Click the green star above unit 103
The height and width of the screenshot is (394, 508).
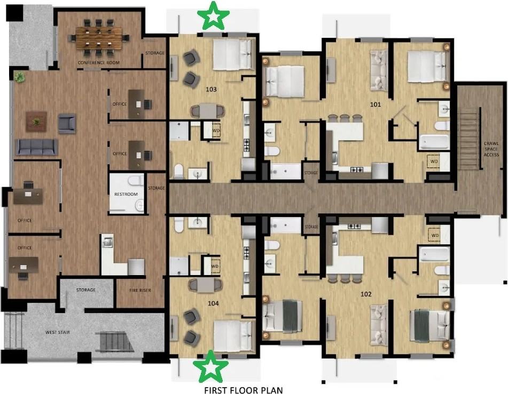(x=214, y=15)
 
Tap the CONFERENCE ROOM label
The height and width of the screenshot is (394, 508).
(x=98, y=63)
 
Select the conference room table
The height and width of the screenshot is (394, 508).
(x=99, y=38)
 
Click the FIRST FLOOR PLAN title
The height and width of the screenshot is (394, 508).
(x=243, y=390)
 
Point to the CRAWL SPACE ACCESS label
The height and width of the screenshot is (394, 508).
(x=491, y=148)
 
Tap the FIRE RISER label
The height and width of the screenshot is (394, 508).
(x=139, y=290)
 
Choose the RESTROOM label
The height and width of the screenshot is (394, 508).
(x=126, y=194)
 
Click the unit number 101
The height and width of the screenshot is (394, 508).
(x=376, y=104)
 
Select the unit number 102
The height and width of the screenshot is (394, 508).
(x=366, y=294)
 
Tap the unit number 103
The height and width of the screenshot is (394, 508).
(x=212, y=89)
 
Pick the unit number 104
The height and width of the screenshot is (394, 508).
(x=213, y=303)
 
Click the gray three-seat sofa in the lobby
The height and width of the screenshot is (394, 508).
(x=37, y=147)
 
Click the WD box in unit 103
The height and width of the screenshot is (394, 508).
(x=216, y=130)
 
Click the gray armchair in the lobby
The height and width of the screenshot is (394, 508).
(x=67, y=123)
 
